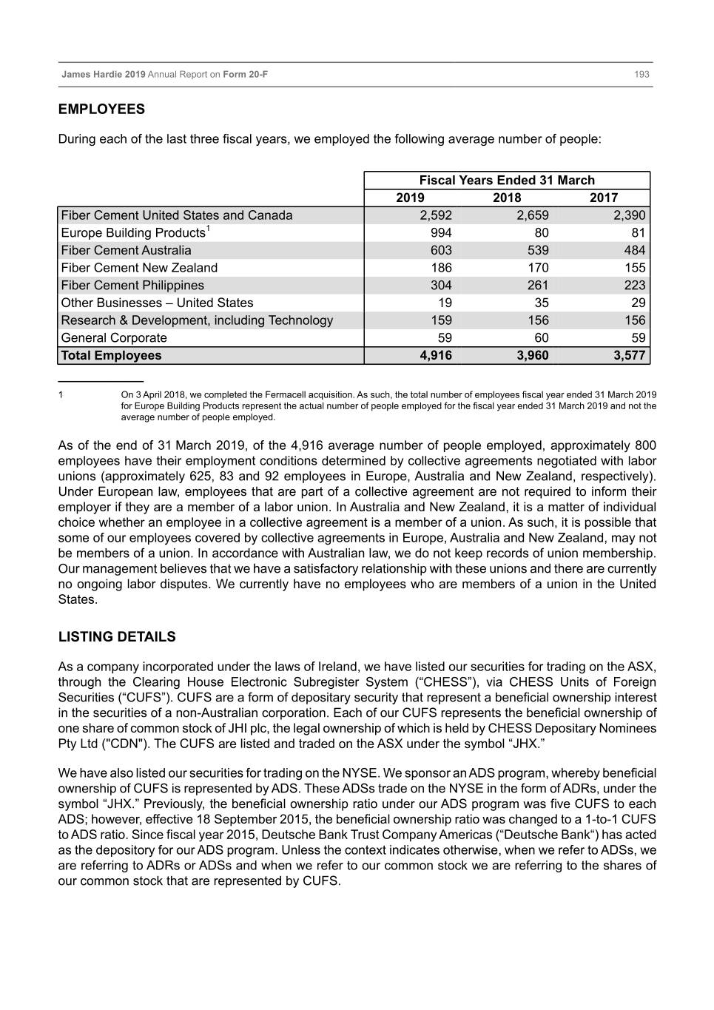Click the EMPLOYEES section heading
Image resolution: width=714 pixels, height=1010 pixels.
(101, 110)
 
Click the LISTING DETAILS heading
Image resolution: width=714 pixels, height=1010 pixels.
(117, 637)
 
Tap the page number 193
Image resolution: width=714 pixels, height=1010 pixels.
(641, 75)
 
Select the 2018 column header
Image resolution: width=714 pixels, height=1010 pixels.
(507, 198)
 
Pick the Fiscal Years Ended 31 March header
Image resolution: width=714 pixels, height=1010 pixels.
(507, 180)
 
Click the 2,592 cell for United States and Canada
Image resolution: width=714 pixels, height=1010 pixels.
(435, 215)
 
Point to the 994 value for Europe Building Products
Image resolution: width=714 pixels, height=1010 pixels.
(440, 232)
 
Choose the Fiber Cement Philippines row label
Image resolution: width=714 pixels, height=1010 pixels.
(132, 286)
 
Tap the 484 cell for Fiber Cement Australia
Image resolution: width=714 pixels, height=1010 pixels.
(634, 250)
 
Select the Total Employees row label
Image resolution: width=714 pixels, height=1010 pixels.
(111, 356)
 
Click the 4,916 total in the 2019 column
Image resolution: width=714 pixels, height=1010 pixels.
(435, 356)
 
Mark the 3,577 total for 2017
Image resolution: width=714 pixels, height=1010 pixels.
(629, 356)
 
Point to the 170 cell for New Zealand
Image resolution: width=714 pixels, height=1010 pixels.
(538, 268)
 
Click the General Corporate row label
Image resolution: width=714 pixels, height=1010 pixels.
(114, 338)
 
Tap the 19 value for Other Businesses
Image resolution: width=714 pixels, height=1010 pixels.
(445, 303)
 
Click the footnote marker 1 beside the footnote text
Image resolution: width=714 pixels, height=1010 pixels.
(61, 395)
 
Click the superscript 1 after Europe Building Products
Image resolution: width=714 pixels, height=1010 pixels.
(209, 229)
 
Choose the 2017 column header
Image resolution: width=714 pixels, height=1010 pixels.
(604, 198)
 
